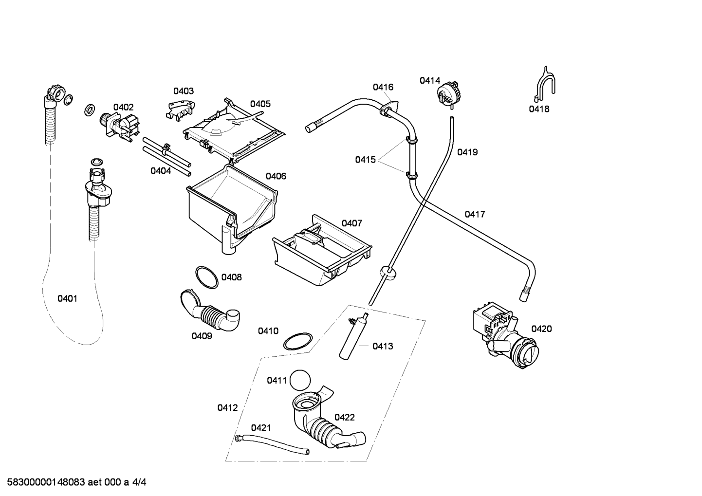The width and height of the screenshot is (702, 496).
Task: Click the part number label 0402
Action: point(124,108)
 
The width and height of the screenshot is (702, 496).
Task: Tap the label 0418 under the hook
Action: point(539,109)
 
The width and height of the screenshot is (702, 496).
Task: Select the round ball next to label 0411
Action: point(300,380)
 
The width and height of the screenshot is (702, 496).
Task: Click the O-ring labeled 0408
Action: point(206,277)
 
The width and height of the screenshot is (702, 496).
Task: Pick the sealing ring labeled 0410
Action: point(298,341)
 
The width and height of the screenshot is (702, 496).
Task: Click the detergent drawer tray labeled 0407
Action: point(322,250)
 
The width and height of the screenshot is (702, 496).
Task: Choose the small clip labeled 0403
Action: point(181,111)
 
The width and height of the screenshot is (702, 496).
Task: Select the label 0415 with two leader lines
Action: point(365,160)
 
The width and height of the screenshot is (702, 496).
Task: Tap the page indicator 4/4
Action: point(139,482)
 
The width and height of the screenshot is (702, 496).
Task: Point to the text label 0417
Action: point(475,214)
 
